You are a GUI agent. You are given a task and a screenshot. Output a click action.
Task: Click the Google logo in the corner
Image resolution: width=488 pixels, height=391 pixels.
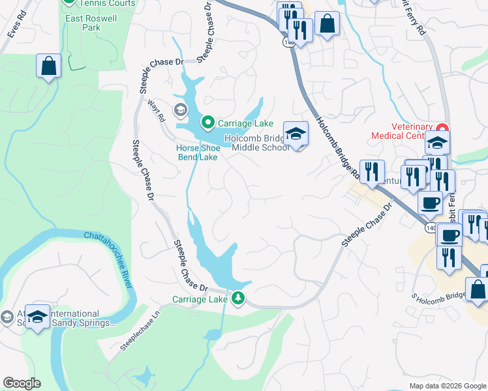coord(22,383)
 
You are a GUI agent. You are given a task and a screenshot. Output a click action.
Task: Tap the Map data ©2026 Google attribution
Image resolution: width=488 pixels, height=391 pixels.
coord(448,386)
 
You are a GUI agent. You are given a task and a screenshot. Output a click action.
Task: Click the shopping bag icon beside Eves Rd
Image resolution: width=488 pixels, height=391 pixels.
coord(48,66)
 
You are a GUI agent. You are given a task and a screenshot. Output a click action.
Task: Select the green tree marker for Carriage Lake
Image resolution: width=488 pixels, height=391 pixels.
coord(239,298)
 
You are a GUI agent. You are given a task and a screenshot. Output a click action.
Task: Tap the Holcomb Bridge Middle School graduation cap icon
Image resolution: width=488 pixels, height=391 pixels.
coord(296,134)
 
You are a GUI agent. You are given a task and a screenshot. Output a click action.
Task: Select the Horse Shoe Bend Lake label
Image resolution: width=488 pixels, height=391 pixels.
coord(197,152)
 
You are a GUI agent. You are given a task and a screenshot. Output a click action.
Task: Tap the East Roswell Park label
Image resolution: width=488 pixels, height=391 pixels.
coord(91,23)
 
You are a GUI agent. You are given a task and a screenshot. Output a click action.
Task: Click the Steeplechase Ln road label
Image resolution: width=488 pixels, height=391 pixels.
coord(140,333)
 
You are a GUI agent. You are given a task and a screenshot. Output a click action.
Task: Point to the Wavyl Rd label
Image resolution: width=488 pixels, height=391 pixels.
coord(157,111)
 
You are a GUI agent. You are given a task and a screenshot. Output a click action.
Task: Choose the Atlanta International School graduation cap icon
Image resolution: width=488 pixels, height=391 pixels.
coord(38,317)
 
